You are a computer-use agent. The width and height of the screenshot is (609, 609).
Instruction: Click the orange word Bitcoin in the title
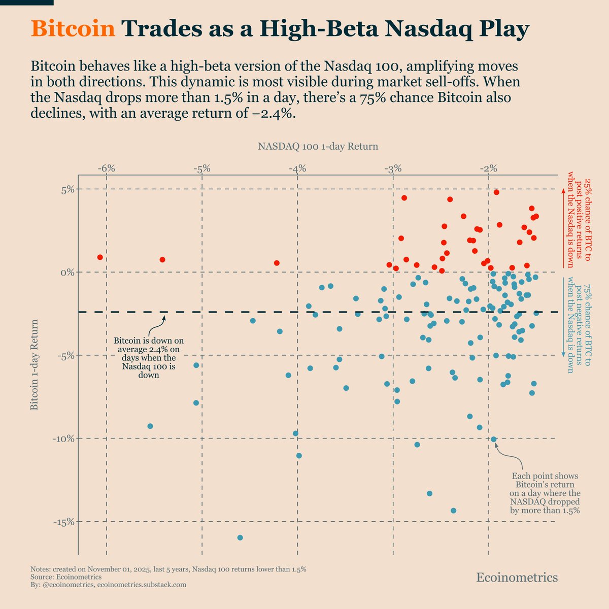pos(73,30)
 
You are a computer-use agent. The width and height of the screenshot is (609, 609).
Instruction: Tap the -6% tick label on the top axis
pos(107,168)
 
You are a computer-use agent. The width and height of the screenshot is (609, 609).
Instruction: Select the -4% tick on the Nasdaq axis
pos(297,168)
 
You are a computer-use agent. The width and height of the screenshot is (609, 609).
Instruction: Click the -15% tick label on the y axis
pos(63,521)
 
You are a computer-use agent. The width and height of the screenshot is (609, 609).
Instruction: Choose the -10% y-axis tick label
pos(63,438)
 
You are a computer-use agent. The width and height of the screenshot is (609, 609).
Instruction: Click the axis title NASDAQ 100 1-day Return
pos(318,147)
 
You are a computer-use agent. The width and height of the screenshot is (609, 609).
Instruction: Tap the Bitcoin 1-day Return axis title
pos(35,364)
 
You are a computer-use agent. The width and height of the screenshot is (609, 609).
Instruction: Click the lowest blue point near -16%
pos(240,537)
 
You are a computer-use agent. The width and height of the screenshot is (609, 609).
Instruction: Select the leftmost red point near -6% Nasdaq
pos(100,257)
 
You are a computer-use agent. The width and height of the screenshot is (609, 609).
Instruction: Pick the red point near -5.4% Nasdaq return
pos(162,260)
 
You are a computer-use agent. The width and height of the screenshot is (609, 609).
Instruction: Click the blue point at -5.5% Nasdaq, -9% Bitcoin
pos(150,426)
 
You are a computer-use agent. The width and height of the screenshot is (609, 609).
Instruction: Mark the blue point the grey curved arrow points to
pos(494,439)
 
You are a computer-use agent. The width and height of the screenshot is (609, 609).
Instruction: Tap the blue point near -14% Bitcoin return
pos(453,511)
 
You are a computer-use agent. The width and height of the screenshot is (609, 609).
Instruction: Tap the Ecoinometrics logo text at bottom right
pos(517,578)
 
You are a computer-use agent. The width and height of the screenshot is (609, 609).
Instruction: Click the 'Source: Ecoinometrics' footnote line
pos(66,577)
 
